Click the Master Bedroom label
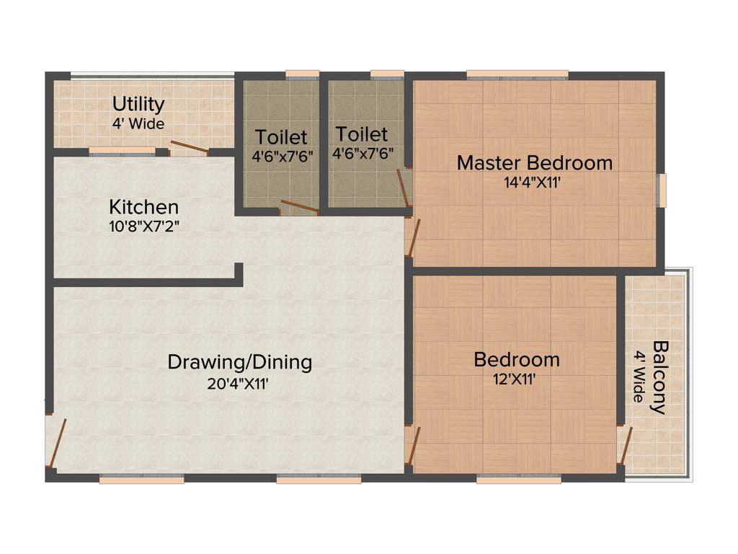tap(535, 162)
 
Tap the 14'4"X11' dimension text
tap(533, 183)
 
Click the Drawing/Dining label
tap(239, 361)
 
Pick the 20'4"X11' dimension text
tap(238, 384)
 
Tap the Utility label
tap(138, 105)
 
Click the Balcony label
tap(658, 377)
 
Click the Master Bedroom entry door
tap(412, 238)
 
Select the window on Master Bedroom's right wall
tap(662, 190)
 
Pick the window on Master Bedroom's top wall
tap(517, 74)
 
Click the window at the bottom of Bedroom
tap(519, 478)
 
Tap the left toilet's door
tap(299, 207)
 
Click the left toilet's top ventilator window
tap(302, 74)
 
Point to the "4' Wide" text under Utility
tap(138, 123)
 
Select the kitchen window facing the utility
tap(122, 151)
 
